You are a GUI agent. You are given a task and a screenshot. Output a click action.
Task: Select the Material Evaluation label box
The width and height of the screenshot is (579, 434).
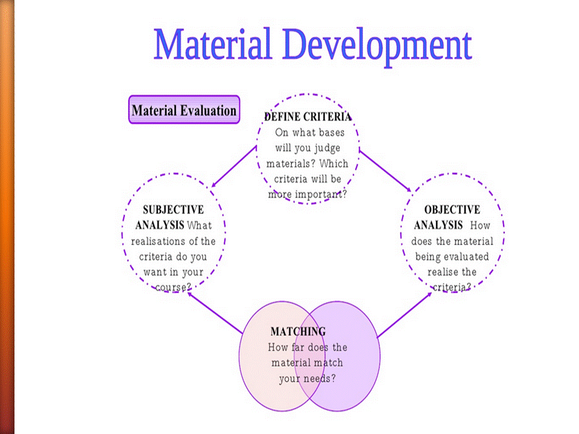pos(184,110)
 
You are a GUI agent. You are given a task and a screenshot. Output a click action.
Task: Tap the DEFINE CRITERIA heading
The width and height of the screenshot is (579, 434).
pos(308,117)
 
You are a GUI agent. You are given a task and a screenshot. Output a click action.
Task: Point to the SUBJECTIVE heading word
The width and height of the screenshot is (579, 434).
pos(173,210)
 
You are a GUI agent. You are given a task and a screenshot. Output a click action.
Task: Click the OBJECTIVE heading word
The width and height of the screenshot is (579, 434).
pos(452,210)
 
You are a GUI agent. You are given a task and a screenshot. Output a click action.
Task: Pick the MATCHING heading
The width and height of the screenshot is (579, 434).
pos(298,332)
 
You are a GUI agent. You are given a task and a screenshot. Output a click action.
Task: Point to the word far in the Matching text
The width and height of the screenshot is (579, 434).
pos(296,347)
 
